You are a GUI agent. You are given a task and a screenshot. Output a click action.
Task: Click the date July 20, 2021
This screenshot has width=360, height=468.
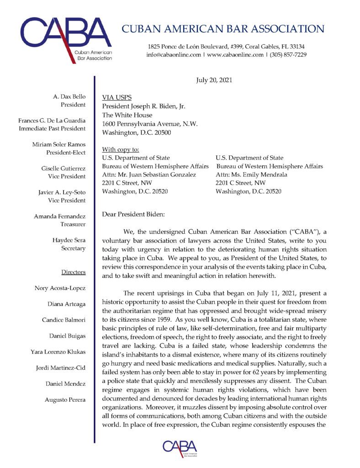[x=214, y=80]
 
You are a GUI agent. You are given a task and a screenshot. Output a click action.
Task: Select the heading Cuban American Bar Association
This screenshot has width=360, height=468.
[x=223, y=29]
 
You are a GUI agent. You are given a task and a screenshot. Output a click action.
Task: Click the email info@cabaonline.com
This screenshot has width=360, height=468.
[x=174, y=54]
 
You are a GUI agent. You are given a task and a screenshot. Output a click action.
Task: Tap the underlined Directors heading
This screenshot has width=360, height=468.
[x=73, y=272]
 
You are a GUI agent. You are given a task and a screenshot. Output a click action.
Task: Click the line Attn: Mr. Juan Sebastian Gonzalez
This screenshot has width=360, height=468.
[x=149, y=175]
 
